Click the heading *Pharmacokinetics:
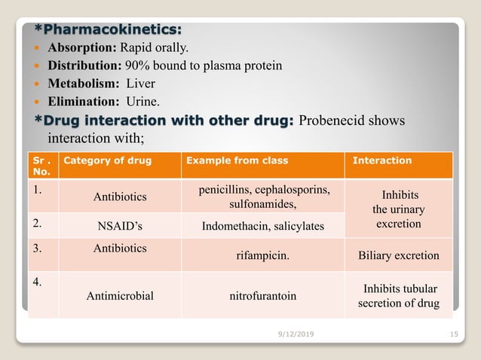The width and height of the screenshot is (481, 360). point(109,30)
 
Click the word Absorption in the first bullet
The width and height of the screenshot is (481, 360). point(78,48)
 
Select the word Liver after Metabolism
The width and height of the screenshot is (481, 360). point(140,83)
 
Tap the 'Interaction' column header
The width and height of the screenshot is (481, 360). point(381,160)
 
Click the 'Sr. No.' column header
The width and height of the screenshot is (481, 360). point(41,166)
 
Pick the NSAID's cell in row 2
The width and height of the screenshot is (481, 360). point(120,226)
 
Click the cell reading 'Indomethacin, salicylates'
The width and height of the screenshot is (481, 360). point(262,226)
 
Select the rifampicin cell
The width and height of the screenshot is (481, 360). point(262,255)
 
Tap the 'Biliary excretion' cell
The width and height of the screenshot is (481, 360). point(399,255)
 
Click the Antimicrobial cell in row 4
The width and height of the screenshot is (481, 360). point(120,296)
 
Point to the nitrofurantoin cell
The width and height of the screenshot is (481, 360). point(262,296)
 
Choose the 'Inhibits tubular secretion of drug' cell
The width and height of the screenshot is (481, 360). point(400,296)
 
